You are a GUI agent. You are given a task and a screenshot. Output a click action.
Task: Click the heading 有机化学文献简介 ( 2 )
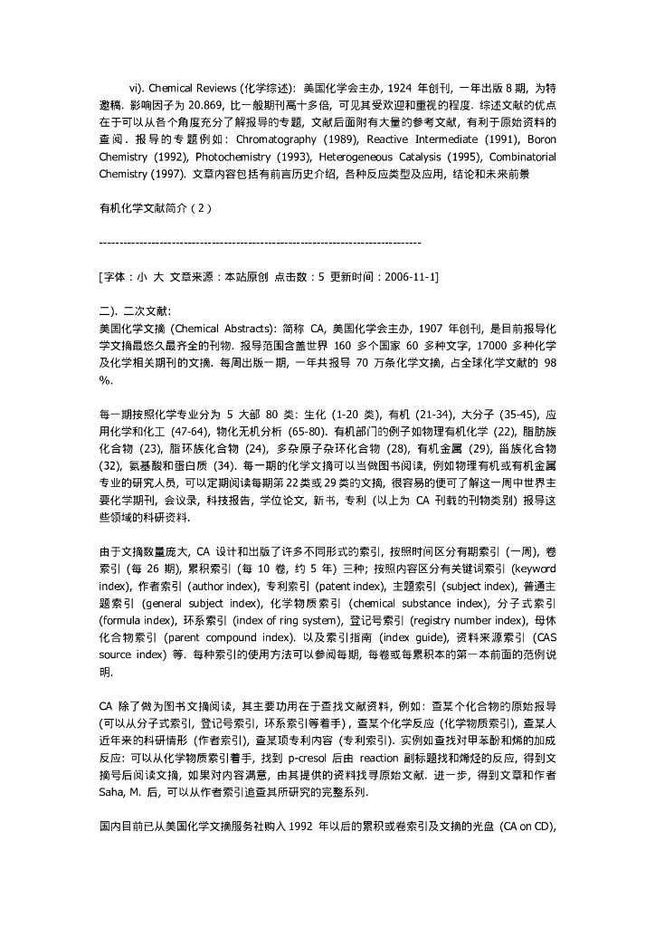click(155, 207)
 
